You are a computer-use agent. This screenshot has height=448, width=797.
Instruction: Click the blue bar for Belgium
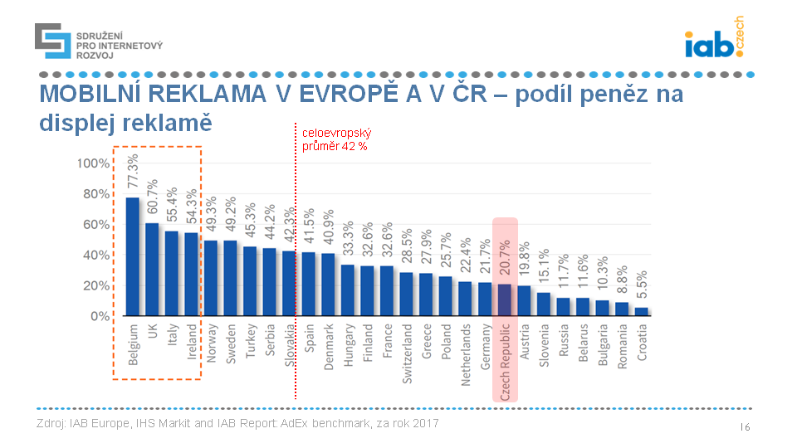coord(132,256)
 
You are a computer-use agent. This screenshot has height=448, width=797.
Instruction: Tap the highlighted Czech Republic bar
coord(505,299)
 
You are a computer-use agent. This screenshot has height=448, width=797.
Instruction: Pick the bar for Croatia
coord(642,311)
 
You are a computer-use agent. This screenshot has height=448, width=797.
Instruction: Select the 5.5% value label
coord(642,284)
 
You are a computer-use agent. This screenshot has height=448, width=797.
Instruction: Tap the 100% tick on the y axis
coord(92,163)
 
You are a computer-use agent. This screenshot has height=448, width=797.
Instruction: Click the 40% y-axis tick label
coord(95,256)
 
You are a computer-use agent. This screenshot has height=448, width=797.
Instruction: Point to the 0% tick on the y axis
coord(99,317)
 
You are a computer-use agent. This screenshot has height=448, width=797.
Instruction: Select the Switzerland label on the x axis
coord(407,353)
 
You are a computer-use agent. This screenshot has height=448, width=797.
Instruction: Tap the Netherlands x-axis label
coord(466,354)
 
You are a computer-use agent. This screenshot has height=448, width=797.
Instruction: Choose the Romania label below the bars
coord(623,346)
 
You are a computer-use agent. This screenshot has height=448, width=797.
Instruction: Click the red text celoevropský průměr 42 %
coord(335,139)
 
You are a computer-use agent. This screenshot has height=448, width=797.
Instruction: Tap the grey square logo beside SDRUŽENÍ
coord(52,41)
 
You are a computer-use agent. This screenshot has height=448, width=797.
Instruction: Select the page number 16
coord(745,426)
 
